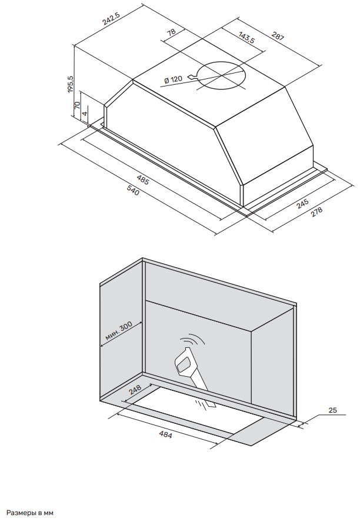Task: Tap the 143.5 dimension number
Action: click(246, 39)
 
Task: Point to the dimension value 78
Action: click(172, 33)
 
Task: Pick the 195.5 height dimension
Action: click(71, 85)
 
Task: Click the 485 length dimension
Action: click(142, 180)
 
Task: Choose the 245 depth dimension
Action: click(302, 204)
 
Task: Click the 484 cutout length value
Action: click(166, 436)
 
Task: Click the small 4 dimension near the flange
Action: click(85, 113)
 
